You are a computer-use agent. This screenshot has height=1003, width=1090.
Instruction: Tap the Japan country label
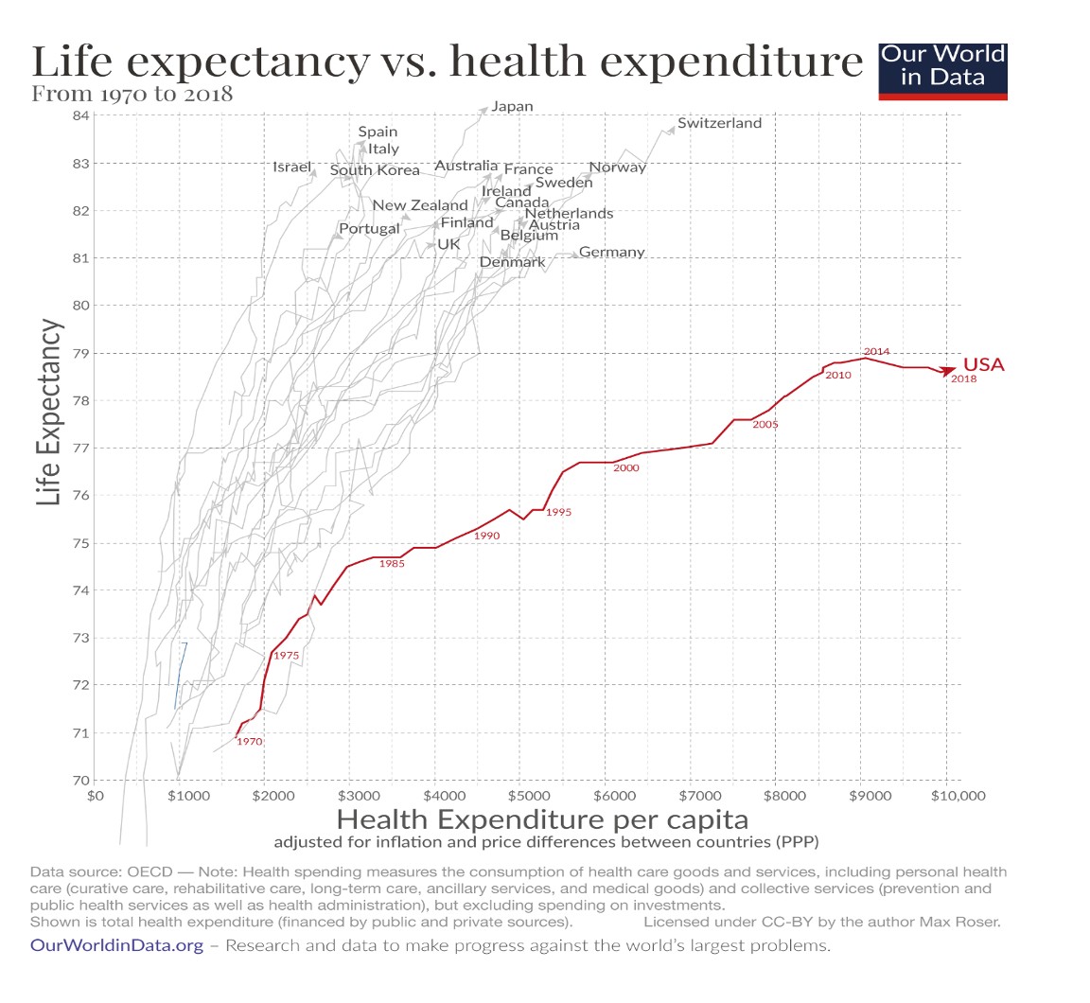coord(513,107)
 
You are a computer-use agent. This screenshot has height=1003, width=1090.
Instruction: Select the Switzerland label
coord(719,123)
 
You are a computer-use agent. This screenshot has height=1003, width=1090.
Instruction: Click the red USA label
coord(983,365)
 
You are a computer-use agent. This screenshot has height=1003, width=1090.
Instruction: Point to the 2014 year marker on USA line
coord(876,352)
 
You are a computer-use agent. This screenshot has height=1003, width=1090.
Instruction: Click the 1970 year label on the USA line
coord(249,742)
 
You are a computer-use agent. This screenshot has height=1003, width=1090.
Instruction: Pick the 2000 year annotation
coord(625,468)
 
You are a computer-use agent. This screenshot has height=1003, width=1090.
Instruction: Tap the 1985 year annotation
coord(392,564)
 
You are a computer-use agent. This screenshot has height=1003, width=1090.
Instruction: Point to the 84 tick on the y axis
coord(80,115)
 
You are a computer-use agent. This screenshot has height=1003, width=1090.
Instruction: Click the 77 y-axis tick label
coord(80,449)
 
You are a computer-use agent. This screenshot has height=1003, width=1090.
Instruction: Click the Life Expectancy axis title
coord(49,412)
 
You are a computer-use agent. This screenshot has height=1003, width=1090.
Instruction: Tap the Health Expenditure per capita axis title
coord(542,818)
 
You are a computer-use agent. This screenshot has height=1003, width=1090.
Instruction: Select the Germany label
coord(611,253)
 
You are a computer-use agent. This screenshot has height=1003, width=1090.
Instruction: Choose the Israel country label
coord(291,167)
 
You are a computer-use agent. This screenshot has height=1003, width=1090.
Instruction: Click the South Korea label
coord(375,171)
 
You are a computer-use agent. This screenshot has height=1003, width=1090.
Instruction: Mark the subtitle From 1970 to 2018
coord(132,94)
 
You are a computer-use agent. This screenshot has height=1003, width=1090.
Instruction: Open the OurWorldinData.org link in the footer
coord(116,945)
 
